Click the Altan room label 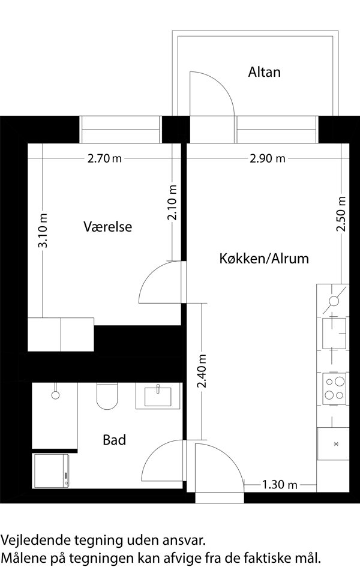pyautogui.click(x=264, y=72)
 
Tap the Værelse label pyautogui.click(x=108, y=227)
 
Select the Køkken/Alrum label pyautogui.click(x=264, y=259)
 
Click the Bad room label pyautogui.click(x=114, y=440)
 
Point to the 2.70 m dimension pyautogui.click(x=104, y=158)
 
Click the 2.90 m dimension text pyautogui.click(x=268, y=158)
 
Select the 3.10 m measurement pyautogui.click(x=43, y=230)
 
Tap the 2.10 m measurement pyautogui.click(x=172, y=202)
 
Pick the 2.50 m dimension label pyautogui.click(x=341, y=214)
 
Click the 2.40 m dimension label pyautogui.click(x=202, y=371)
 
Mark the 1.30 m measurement pyautogui.click(x=280, y=484)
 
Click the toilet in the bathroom pyautogui.click(x=107, y=396)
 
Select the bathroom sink pyautogui.click(x=158, y=396)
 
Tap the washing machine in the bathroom pyautogui.click(x=51, y=470)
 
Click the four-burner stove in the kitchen pyautogui.click(x=334, y=389)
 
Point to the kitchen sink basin pyautogui.click(x=334, y=333)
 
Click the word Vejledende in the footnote pyautogui.click(x=36, y=541)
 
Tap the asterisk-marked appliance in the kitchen pyautogui.click(x=333, y=443)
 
